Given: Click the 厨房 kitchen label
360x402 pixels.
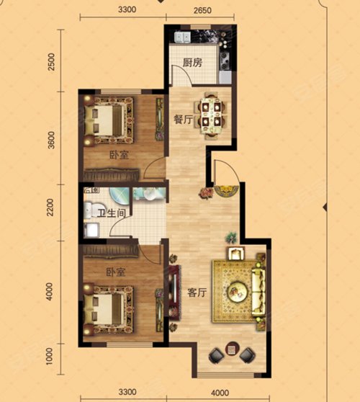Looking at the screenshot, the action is pos(192,63).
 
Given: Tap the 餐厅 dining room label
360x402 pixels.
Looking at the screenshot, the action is pos(183,120).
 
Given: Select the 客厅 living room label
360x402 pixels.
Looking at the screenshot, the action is pos(197,292).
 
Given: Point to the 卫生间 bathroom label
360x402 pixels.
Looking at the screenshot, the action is pos(112,213).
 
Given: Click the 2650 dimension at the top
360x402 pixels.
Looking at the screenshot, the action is pos(202,10).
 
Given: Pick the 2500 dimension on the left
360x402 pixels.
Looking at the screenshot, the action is pos(52,62).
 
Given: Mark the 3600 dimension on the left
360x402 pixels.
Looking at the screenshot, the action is pos(52,140).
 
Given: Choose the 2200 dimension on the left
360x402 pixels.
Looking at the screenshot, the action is pos(50,207).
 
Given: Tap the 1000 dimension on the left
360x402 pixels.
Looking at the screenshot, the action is pos(49,356).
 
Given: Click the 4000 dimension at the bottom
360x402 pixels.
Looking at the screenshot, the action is pos(220,393).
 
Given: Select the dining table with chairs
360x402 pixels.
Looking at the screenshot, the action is pos(211,114).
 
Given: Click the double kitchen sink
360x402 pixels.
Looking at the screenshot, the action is pos(183,37).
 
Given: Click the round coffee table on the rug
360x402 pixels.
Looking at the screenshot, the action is pos(238,292).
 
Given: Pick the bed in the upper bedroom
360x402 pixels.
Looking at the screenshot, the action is pos(109,120).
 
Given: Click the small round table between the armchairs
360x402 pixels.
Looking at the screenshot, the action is pos(232,349).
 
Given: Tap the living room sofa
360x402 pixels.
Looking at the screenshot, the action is pos(258,291).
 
